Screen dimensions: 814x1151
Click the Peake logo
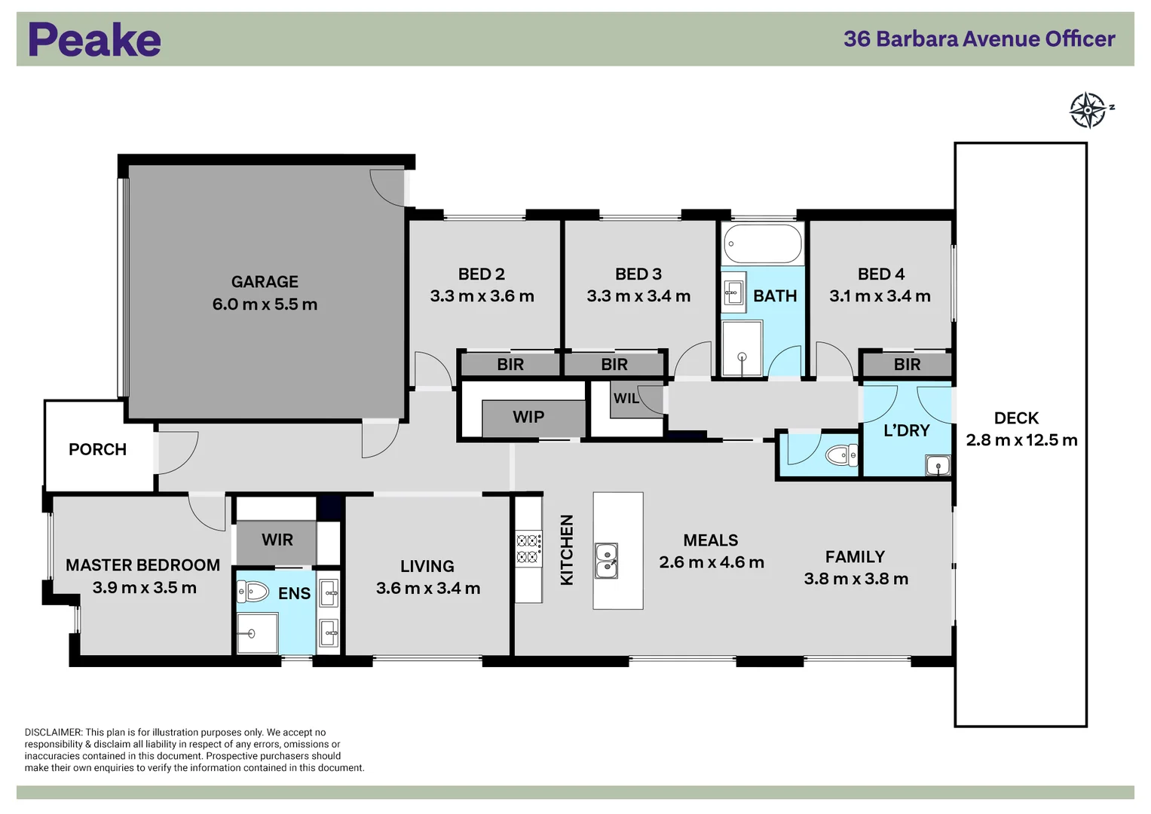[94, 40]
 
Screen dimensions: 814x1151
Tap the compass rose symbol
[1088, 110]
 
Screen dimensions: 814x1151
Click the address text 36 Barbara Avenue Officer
[978, 39]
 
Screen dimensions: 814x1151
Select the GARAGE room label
[265, 282]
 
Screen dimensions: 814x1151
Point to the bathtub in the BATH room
[763, 243]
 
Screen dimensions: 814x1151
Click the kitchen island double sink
[606, 560]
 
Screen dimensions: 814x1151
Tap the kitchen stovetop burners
[528, 548]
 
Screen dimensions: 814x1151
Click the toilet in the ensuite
[254, 592]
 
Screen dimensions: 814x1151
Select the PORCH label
[97, 449]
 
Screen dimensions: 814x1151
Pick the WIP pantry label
[528, 417]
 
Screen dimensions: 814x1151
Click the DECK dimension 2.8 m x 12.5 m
[1021, 440]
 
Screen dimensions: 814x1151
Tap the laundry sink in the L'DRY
[938, 466]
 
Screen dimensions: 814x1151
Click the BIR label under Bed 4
[907, 365]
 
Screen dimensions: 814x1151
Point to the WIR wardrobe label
[277, 540]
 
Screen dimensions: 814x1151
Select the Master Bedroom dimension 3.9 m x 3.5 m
[144, 588]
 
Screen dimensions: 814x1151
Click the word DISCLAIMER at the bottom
[53, 732]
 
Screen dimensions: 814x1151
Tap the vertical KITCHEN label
[567, 549]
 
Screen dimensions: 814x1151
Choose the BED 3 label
[638, 274]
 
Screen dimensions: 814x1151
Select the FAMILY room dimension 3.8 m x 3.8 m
[856, 579]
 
